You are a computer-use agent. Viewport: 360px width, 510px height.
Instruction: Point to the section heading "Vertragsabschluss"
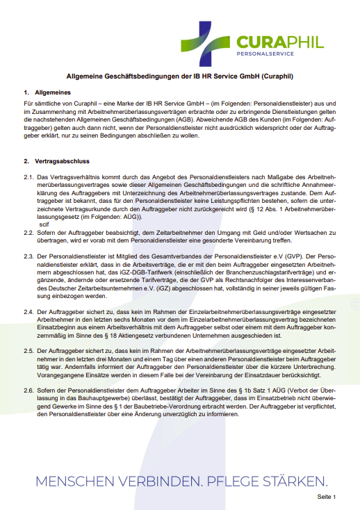coord(61,161)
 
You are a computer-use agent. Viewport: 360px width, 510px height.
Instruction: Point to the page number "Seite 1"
coord(326,497)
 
